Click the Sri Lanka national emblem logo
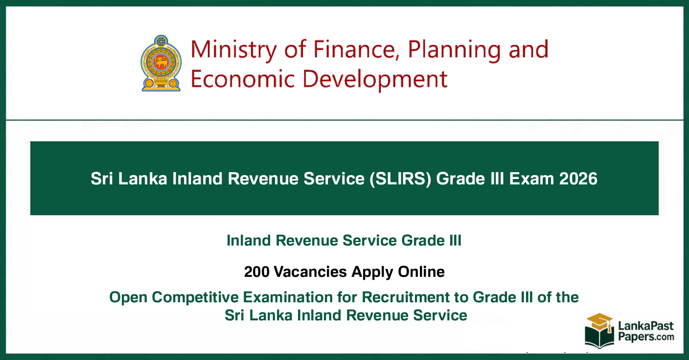click(161, 63)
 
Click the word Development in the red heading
click(375, 80)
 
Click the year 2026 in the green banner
click(578, 179)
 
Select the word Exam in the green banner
click(531, 179)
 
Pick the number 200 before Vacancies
click(256, 272)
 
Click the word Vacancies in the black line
click(310, 272)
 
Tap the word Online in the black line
click(421, 272)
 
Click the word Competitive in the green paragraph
click(195, 297)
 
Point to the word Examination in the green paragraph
click(288, 297)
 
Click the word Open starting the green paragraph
click(128, 297)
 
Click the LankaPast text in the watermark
click(646, 326)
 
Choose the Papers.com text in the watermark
click(646, 337)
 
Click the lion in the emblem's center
click(161, 62)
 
